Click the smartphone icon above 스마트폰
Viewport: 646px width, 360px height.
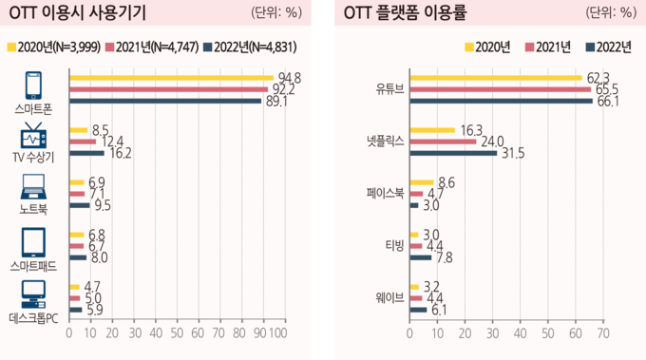tap(34, 85)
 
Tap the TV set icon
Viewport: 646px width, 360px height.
tap(34, 135)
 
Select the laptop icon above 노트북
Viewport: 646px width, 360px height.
tap(34, 186)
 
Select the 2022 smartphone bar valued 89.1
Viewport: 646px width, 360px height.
tap(165, 101)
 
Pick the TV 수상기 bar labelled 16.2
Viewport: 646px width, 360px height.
tap(87, 152)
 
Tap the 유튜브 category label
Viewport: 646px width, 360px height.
tap(389, 89)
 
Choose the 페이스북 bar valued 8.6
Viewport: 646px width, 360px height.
tap(421, 181)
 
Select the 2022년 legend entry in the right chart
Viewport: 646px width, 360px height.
tap(606, 47)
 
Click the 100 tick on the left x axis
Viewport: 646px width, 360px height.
tap(278, 334)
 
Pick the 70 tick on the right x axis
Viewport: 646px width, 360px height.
tap(603, 334)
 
